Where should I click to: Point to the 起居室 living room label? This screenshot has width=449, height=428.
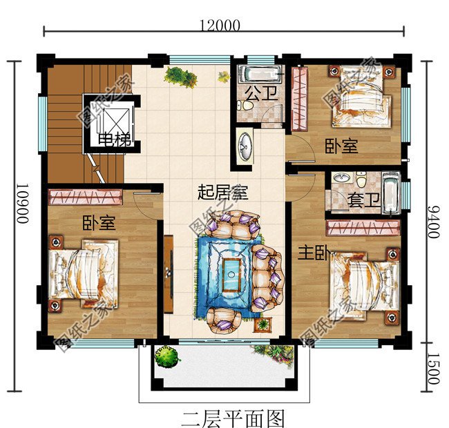(222, 193)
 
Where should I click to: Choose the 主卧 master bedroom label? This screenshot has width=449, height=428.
(312, 253)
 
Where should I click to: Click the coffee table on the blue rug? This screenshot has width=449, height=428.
(231, 271)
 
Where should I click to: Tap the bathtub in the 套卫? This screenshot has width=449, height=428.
(391, 193)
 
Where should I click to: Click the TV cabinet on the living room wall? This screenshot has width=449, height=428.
(168, 269)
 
